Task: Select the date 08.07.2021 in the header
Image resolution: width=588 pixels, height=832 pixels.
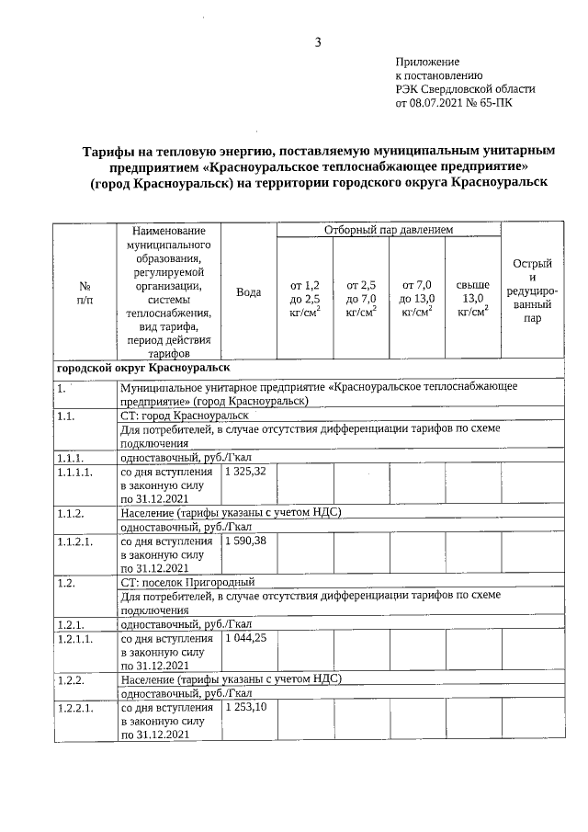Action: (438, 103)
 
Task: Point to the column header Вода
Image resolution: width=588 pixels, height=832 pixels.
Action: (249, 291)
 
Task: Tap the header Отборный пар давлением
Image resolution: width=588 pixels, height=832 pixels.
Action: (388, 228)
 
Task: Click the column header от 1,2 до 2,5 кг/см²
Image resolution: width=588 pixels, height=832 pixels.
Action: (305, 299)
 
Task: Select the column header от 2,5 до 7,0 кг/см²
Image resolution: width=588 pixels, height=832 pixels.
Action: (361, 299)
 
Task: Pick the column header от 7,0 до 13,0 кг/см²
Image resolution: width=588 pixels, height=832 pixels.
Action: (417, 299)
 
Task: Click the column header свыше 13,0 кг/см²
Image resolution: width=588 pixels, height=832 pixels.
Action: (473, 299)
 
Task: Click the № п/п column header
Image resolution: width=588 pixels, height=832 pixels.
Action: (85, 291)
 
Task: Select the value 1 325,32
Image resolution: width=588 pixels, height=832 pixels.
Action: (244, 471)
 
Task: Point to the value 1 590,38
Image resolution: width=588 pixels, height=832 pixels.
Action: (244, 540)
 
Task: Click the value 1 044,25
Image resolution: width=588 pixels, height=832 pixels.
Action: (244, 636)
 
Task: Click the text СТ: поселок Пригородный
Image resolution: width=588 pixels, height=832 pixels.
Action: (187, 582)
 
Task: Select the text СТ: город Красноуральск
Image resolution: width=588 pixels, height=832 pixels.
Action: (185, 416)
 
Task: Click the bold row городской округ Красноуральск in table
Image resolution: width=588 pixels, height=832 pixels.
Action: (142, 367)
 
